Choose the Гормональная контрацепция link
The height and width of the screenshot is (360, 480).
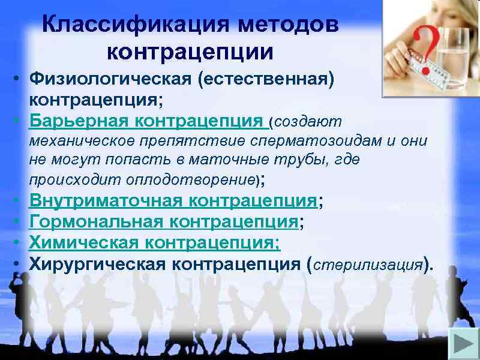click(164, 222)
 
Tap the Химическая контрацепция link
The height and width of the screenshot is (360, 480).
click(155, 242)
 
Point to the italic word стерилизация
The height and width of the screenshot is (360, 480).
click(368, 264)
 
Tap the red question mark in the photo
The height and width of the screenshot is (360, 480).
click(414, 45)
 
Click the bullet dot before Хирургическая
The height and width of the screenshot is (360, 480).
click(20, 263)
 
